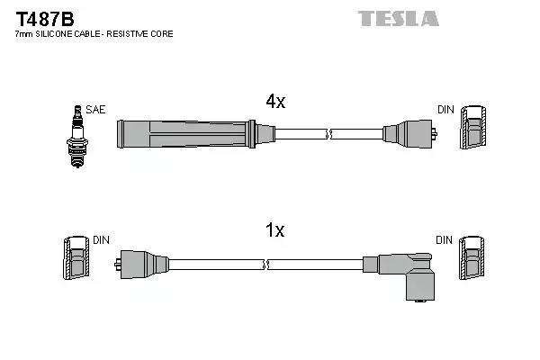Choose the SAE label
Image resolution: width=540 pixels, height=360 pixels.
[x=94, y=110]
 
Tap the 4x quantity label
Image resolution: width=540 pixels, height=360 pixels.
[x=274, y=103]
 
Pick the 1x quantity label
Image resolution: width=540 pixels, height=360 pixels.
[x=274, y=231]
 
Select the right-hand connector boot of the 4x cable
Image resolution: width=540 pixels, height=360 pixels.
[x=407, y=135]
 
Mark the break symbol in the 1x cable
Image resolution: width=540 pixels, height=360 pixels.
[x=267, y=265]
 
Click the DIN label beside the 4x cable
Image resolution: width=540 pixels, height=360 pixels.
[x=445, y=110]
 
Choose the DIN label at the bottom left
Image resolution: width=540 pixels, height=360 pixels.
[x=101, y=240]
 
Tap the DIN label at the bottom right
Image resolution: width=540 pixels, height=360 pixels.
[x=445, y=240]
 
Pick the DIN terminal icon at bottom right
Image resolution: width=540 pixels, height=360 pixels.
[x=473, y=260]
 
